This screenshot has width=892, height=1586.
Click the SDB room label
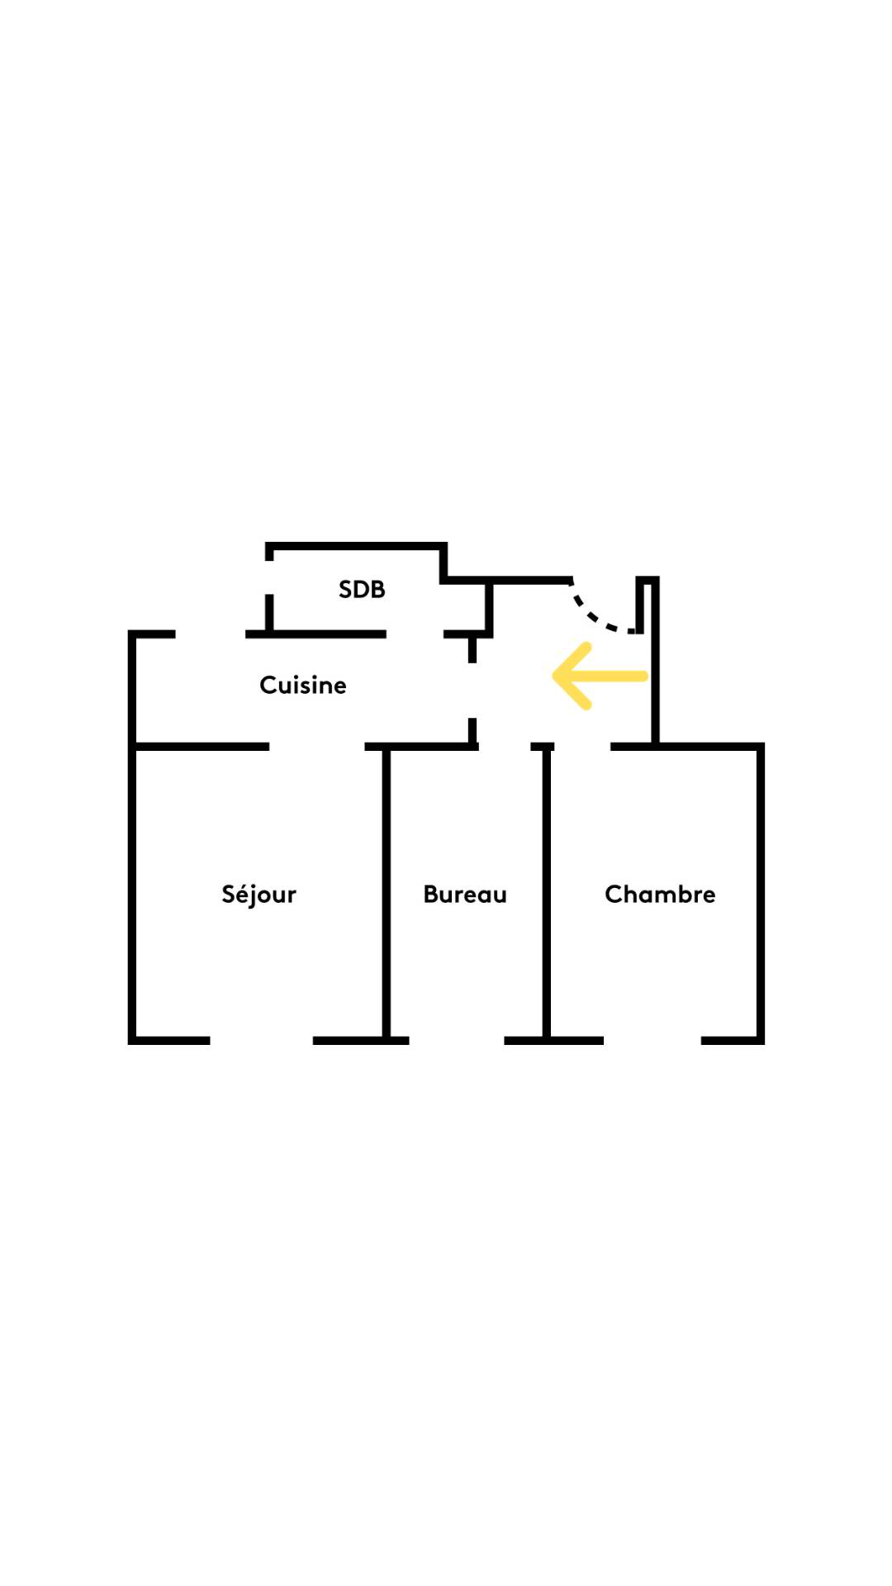click(x=362, y=589)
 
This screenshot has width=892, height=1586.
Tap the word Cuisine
click(x=302, y=685)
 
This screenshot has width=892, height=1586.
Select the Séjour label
click(x=259, y=895)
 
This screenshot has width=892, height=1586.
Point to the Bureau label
click(x=464, y=894)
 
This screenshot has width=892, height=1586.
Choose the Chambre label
click(x=660, y=894)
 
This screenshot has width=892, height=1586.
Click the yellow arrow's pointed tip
click(x=555, y=677)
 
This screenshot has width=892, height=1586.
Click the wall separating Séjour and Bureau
click(x=386, y=892)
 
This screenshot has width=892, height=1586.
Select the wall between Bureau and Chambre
click(x=546, y=892)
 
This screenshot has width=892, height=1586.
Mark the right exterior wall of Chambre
click(x=760, y=892)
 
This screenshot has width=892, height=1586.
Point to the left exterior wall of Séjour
click(x=132, y=892)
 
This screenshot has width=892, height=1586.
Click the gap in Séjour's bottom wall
click(x=261, y=1041)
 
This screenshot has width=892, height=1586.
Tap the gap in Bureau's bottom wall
click(x=456, y=1041)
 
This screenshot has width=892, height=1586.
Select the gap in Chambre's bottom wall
click(x=652, y=1041)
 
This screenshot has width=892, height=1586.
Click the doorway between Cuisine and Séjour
click(x=316, y=747)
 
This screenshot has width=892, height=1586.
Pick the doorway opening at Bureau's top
click(x=504, y=747)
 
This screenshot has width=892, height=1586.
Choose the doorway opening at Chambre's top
click(x=581, y=747)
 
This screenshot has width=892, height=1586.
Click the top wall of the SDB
click(x=355, y=546)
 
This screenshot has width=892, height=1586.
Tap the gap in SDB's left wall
click(x=269, y=577)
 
